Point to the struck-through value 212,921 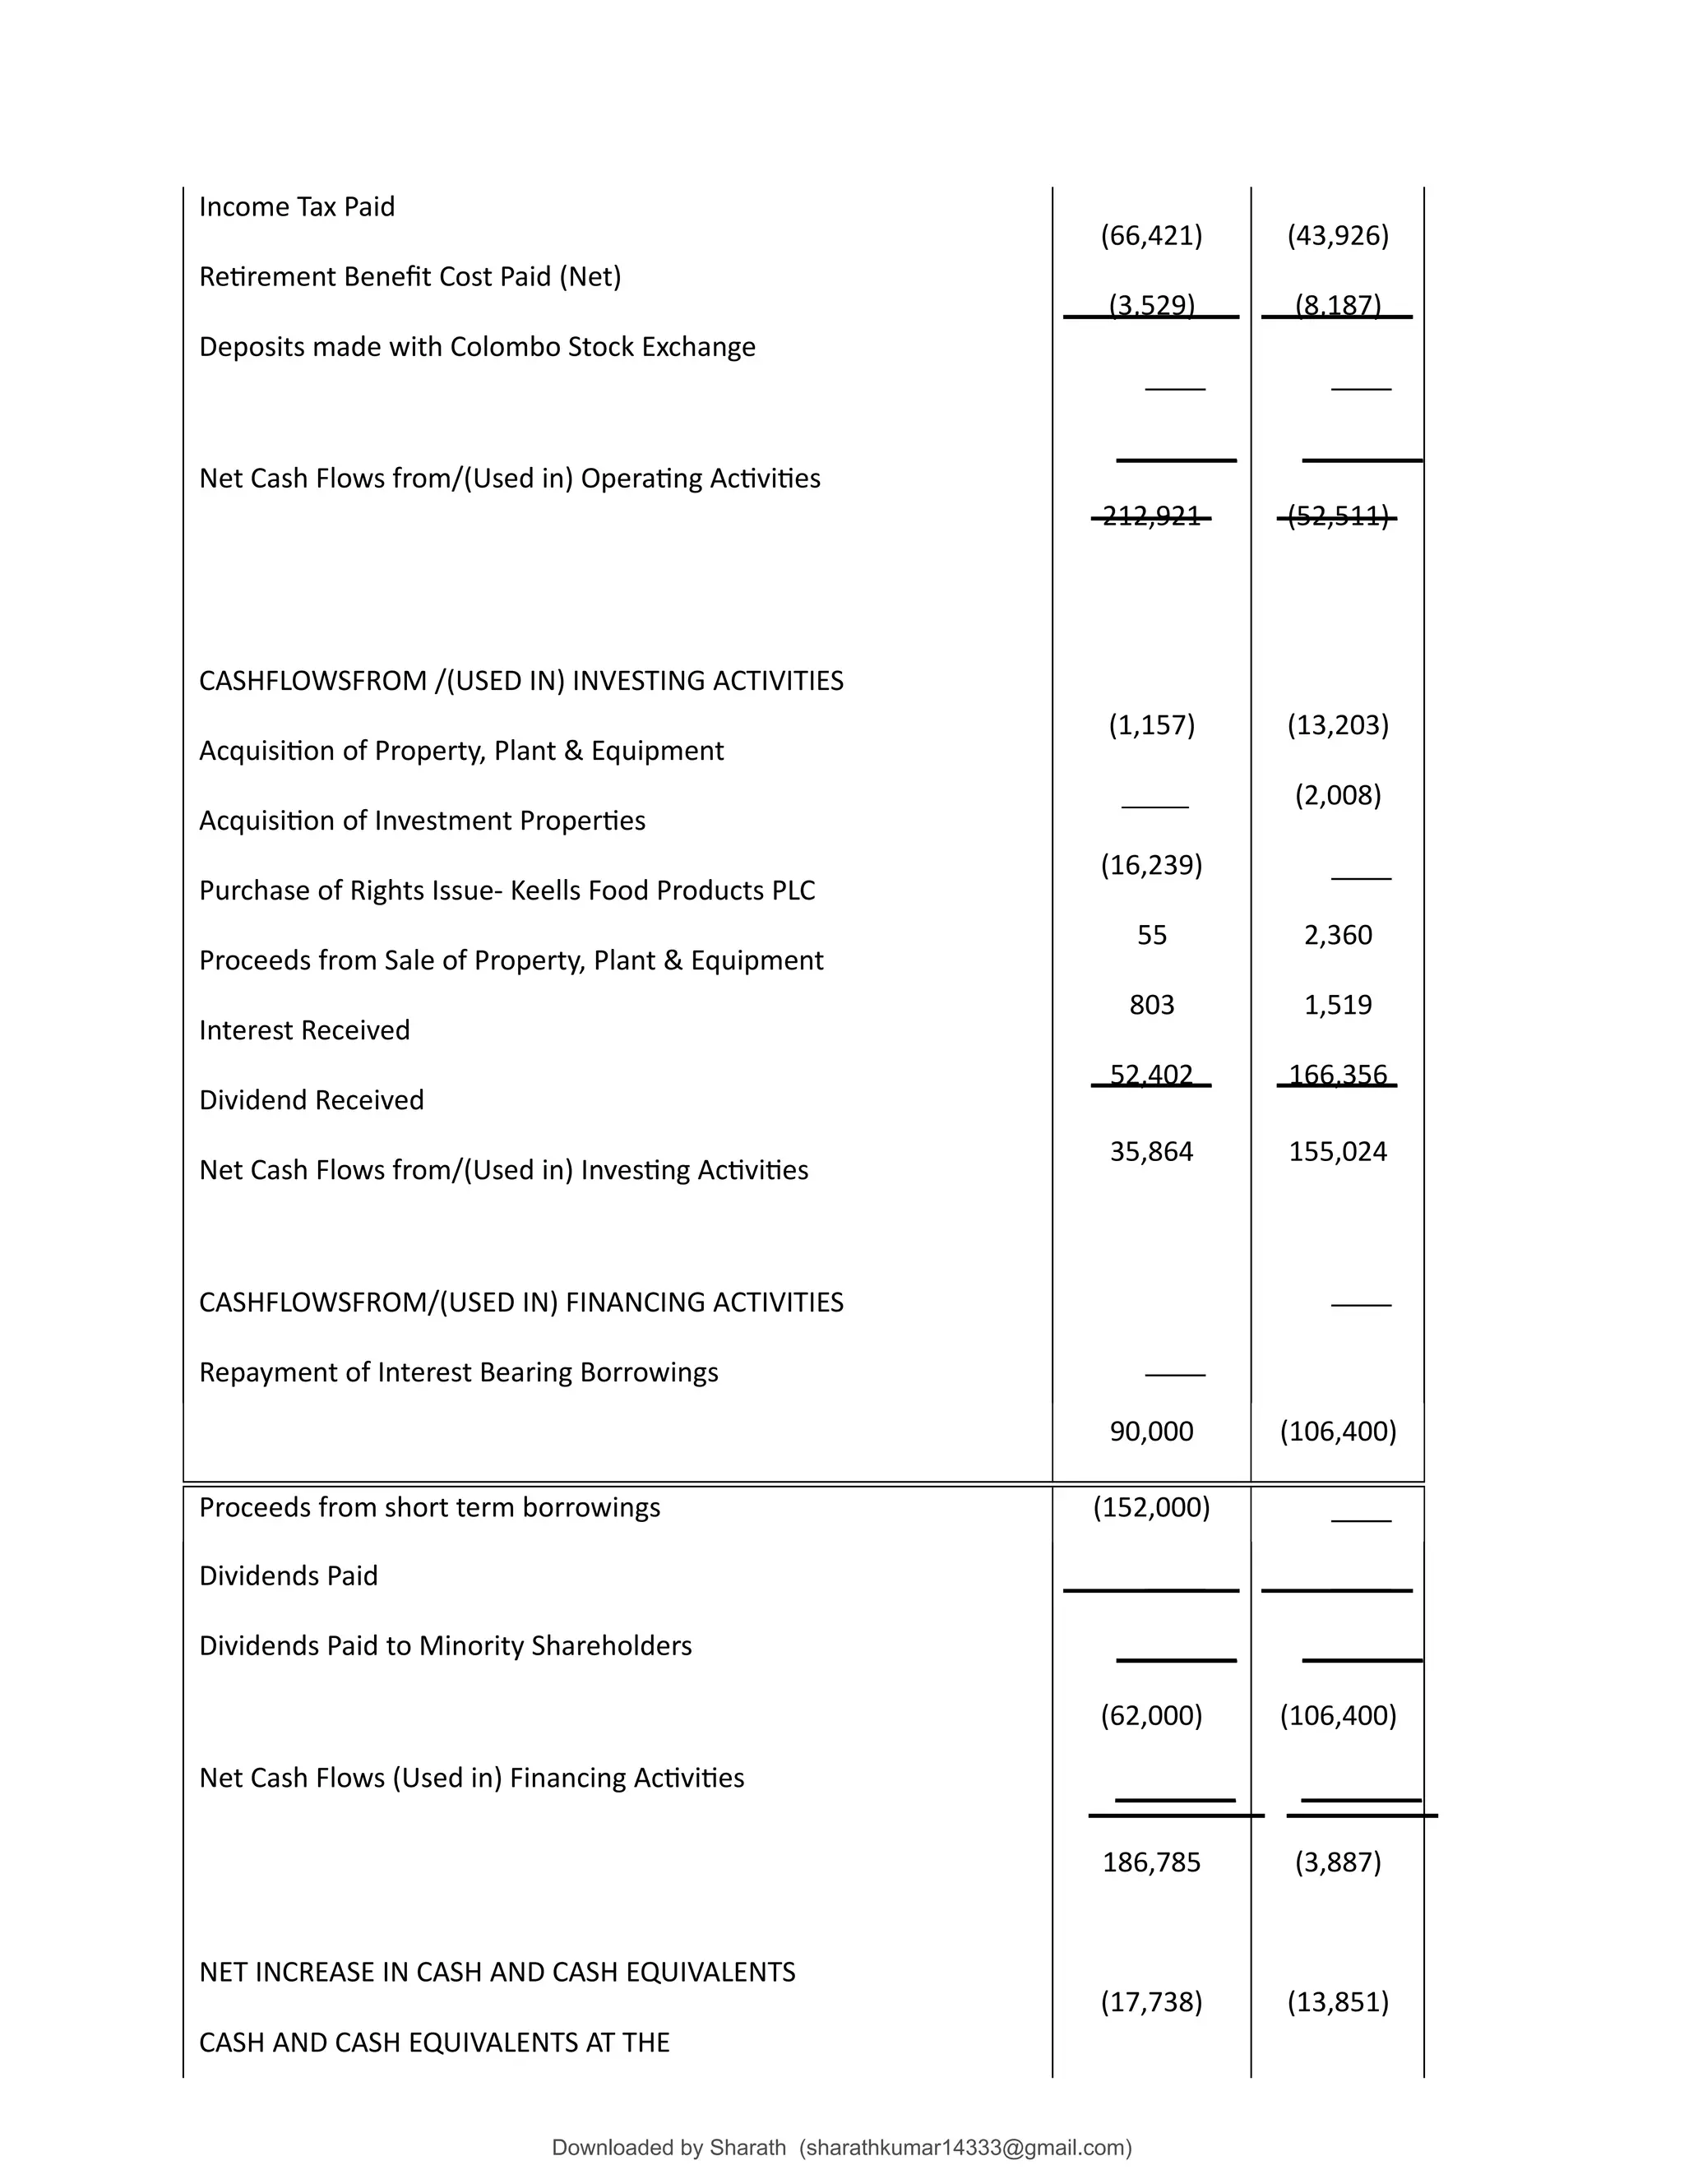(x=1151, y=516)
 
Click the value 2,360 (x=1337, y=935)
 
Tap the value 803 (x=1151, y=1005)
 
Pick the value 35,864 (x=1151, y=1151)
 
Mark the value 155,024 (x=1337, y=1151)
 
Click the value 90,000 (x=1151, y=1432)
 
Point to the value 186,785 (x=1151, y=1862)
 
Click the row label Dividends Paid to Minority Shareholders (x=445, y=1645)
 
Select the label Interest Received (x=304, y=1029)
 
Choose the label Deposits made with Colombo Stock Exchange (x=477, y=346)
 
